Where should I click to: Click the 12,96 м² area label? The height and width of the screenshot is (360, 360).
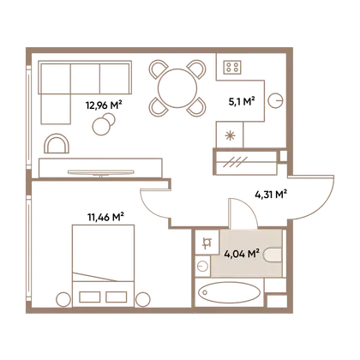[104, 105]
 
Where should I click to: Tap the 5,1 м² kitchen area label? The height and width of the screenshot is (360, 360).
[242, 101]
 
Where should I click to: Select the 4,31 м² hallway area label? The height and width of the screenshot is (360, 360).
[271, 195]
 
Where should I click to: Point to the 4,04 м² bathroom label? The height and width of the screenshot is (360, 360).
[242, 254]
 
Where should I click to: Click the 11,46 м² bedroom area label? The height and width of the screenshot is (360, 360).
[105, 217]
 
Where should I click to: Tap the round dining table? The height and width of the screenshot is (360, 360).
[177, 88]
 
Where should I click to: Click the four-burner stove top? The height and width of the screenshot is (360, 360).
[232, 68]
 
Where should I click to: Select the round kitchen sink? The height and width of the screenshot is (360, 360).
[276, 100]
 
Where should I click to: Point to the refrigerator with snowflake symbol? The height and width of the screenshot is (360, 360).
[230, 135]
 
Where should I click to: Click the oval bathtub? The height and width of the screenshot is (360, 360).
[230, 292]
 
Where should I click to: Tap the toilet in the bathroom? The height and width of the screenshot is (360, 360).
[273, 255]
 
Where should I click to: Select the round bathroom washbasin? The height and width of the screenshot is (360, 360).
[203, 267]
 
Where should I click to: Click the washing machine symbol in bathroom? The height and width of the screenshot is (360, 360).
[207, 243]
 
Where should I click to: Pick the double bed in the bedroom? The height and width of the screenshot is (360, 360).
[104, 266]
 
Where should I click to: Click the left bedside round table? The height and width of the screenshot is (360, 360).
[63, 300]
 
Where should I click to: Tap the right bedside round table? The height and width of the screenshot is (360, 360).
[143, 300]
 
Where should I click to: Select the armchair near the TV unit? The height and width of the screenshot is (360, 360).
[57, 144]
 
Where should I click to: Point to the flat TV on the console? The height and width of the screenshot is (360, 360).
[101, 172]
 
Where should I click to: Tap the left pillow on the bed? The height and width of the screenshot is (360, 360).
[90, 297]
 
